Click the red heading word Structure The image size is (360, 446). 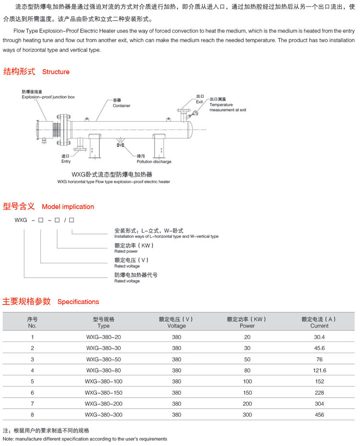tap(56, 72)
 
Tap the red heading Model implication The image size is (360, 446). tap(68, 207)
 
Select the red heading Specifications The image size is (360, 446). tap(78, 302)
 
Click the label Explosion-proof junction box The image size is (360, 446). tap(48, 97)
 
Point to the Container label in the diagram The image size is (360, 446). tap(121, 106)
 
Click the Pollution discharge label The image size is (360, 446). tap(154, 162)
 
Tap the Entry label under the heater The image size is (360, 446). tap(66, 162)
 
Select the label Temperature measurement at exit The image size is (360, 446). tap(228, 107)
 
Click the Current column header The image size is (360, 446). tap(319, 326)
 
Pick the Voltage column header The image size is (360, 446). tap(176, 326)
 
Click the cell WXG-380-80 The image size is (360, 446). tap(103, 370)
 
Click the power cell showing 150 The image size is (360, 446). tap(247, 392)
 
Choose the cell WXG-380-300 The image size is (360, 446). tap(103, 414)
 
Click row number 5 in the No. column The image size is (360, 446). tap(33, 381)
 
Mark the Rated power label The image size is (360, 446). tap(126, 251)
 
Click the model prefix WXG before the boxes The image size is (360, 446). tap(21, 220)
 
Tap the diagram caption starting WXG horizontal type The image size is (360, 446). tap(113, 182)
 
